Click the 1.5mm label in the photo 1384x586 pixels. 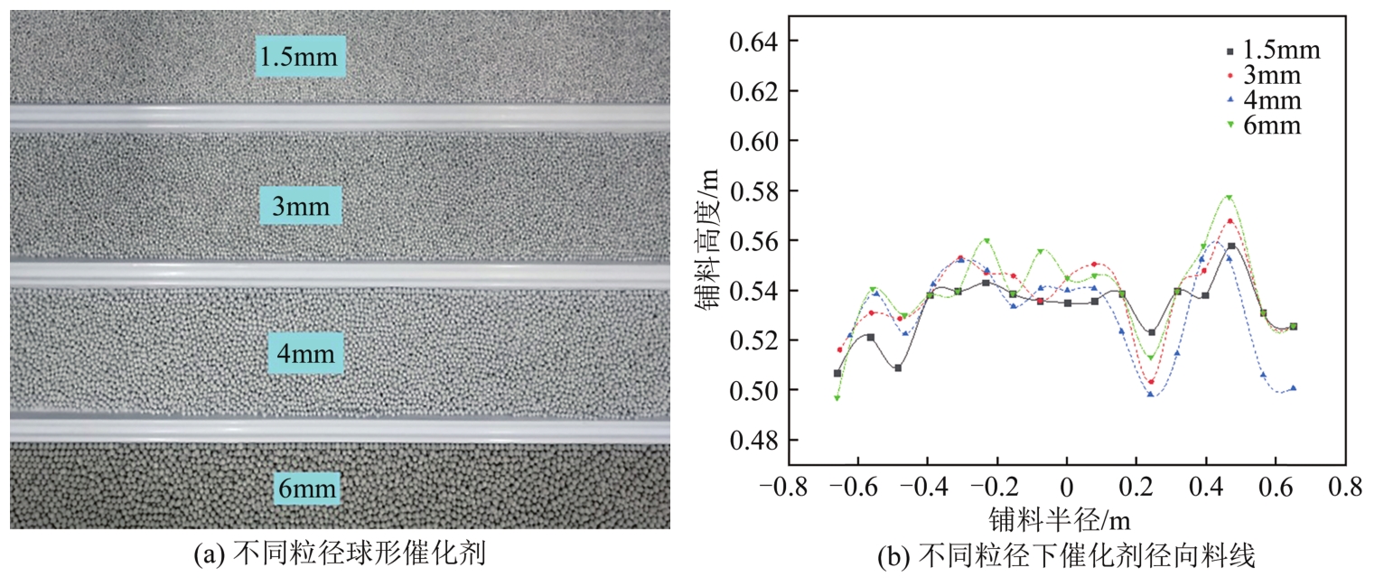pyautogui.click(x=301, y=57)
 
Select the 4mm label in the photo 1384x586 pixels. pyautogui.click(x=306, y=353)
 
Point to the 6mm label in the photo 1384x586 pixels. pyautogui.click(x=307, y=490)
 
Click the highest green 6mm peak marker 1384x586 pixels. pyautogui.click(x=1230, y=197)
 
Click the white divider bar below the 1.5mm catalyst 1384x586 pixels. pyautogui.click(x=340, y=118)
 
